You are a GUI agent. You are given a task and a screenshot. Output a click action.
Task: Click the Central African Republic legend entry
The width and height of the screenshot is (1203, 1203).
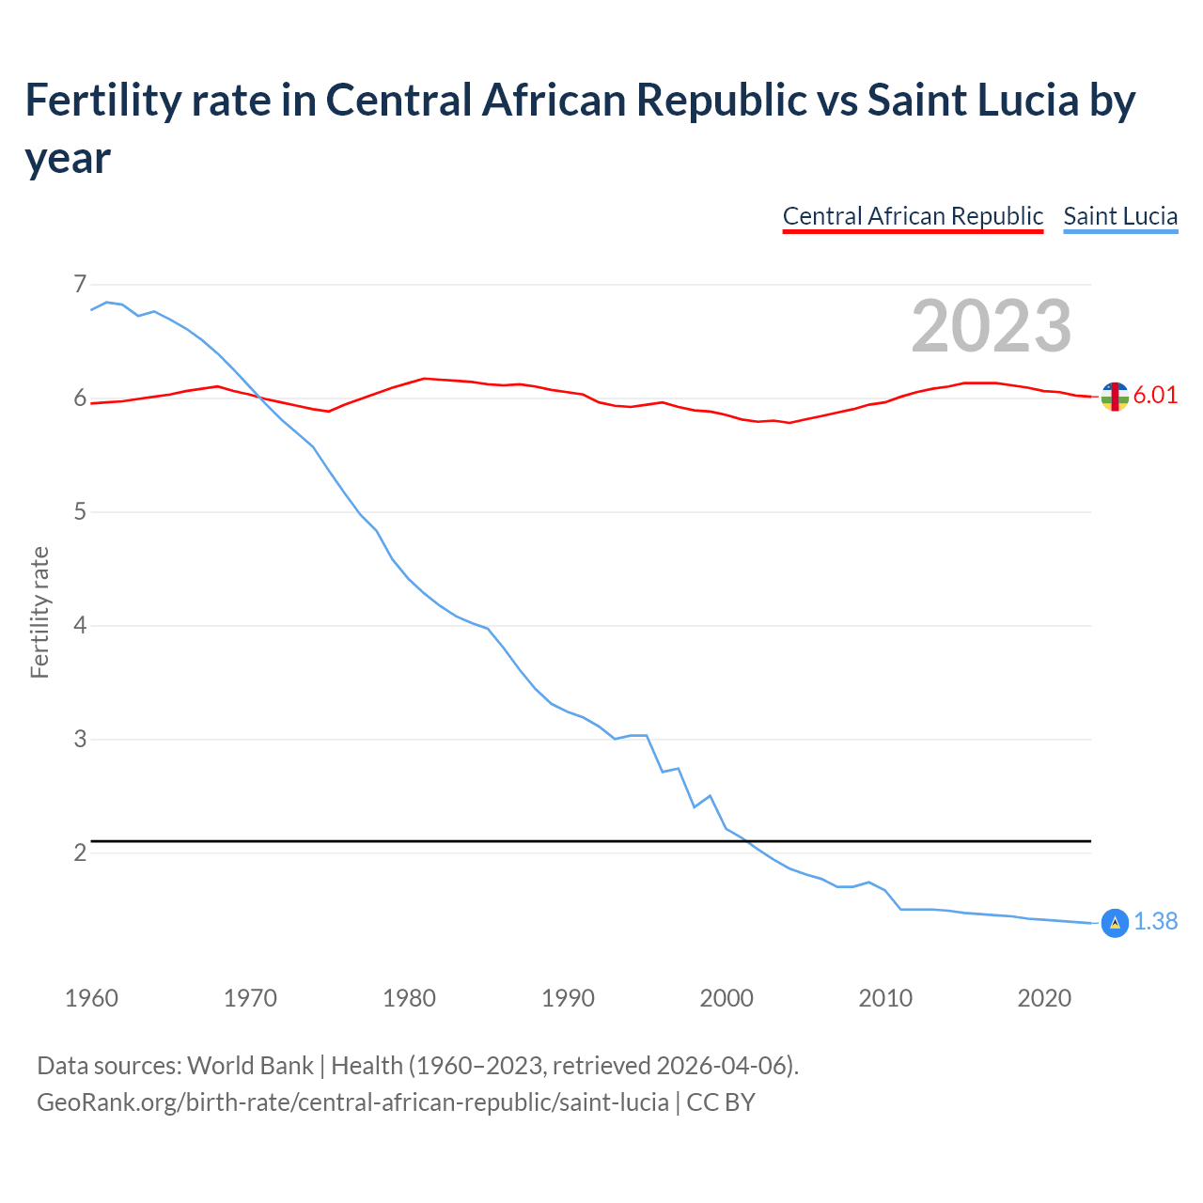(913, 216)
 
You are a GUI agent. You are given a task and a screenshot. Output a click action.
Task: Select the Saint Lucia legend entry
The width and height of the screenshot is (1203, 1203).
(1120, 216)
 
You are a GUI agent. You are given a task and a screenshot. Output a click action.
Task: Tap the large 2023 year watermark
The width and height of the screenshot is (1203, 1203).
(992, 325)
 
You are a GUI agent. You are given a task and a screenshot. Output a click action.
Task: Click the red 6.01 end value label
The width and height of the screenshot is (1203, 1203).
(1155, 395)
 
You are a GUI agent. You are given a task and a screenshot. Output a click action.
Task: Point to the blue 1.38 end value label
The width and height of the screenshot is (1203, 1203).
(1155, 921)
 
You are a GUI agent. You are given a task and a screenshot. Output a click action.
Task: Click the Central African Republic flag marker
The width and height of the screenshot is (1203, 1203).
(1115, 397)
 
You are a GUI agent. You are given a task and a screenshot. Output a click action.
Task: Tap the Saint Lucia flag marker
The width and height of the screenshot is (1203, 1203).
(1115, 923)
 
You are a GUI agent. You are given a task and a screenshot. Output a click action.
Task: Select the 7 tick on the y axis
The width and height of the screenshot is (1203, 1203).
(80, 284)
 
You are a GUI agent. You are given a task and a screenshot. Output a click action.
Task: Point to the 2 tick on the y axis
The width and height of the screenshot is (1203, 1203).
(80, 852)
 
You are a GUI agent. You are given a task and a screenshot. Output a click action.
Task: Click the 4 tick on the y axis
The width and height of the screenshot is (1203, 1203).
(80, 625)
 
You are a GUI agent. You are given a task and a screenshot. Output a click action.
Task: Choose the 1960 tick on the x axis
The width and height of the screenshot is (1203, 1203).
(91, 997)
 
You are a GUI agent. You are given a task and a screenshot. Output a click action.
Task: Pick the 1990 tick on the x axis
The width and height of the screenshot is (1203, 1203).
(568, 997)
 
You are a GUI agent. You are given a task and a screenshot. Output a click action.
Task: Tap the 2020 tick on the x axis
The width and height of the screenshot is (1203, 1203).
(1044, 997)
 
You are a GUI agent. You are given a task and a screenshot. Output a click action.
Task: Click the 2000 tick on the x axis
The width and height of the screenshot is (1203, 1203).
(726, 997)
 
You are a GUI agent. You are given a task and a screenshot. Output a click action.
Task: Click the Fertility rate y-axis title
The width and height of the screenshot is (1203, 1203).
(39, 612)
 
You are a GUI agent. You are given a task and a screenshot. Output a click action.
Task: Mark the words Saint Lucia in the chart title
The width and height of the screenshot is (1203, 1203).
(973, 100)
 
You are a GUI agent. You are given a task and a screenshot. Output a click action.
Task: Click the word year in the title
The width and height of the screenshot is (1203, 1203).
(68, 158)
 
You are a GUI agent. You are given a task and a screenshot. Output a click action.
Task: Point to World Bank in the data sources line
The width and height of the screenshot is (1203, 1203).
(250, 1065)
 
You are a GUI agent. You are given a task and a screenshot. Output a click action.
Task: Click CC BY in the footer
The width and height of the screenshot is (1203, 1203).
(721, 1101)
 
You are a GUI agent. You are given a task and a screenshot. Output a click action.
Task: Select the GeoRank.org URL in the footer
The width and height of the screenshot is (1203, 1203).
(352, 1101)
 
